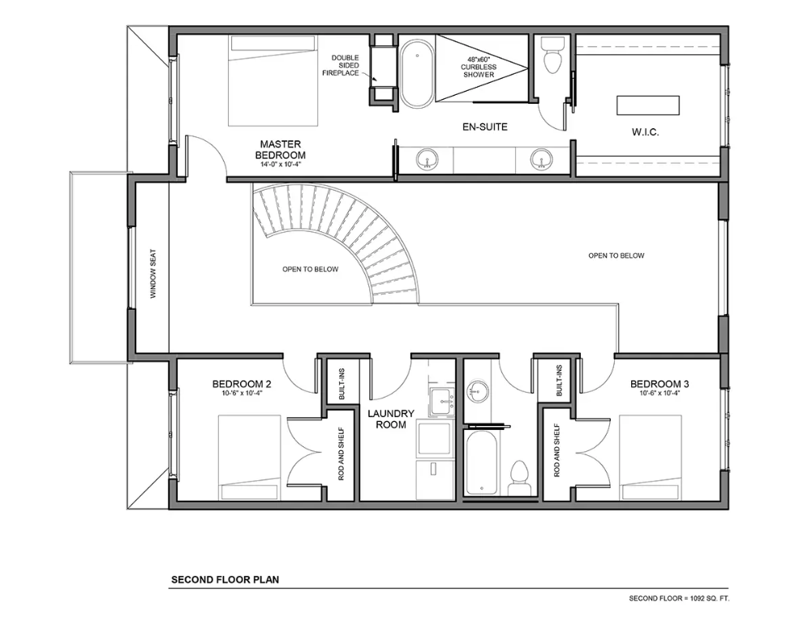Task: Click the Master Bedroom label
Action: coord(280,150)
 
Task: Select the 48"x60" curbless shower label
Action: coord(479,67)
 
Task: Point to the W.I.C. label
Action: coord(645,132)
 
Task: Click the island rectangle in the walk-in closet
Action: coord(648,105)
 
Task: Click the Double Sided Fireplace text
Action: coord(341,65)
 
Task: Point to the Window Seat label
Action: coord(153,274)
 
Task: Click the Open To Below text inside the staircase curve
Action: coord(310,269)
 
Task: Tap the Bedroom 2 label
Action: coord(241,384)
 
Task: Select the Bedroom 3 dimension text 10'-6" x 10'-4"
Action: coord(659,393)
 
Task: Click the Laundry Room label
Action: coord(391,419)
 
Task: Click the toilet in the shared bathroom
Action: coord(518,478)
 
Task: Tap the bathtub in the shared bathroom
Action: coord(482,462)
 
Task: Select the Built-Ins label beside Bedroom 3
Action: coord(559,381)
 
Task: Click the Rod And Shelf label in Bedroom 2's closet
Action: coord(342,454)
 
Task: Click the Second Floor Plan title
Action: coord(226,579)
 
